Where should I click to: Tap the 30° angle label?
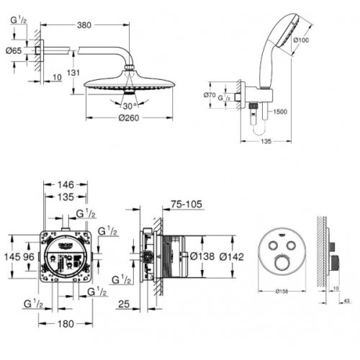pos(129,104)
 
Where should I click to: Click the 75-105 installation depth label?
pos(186,204)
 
